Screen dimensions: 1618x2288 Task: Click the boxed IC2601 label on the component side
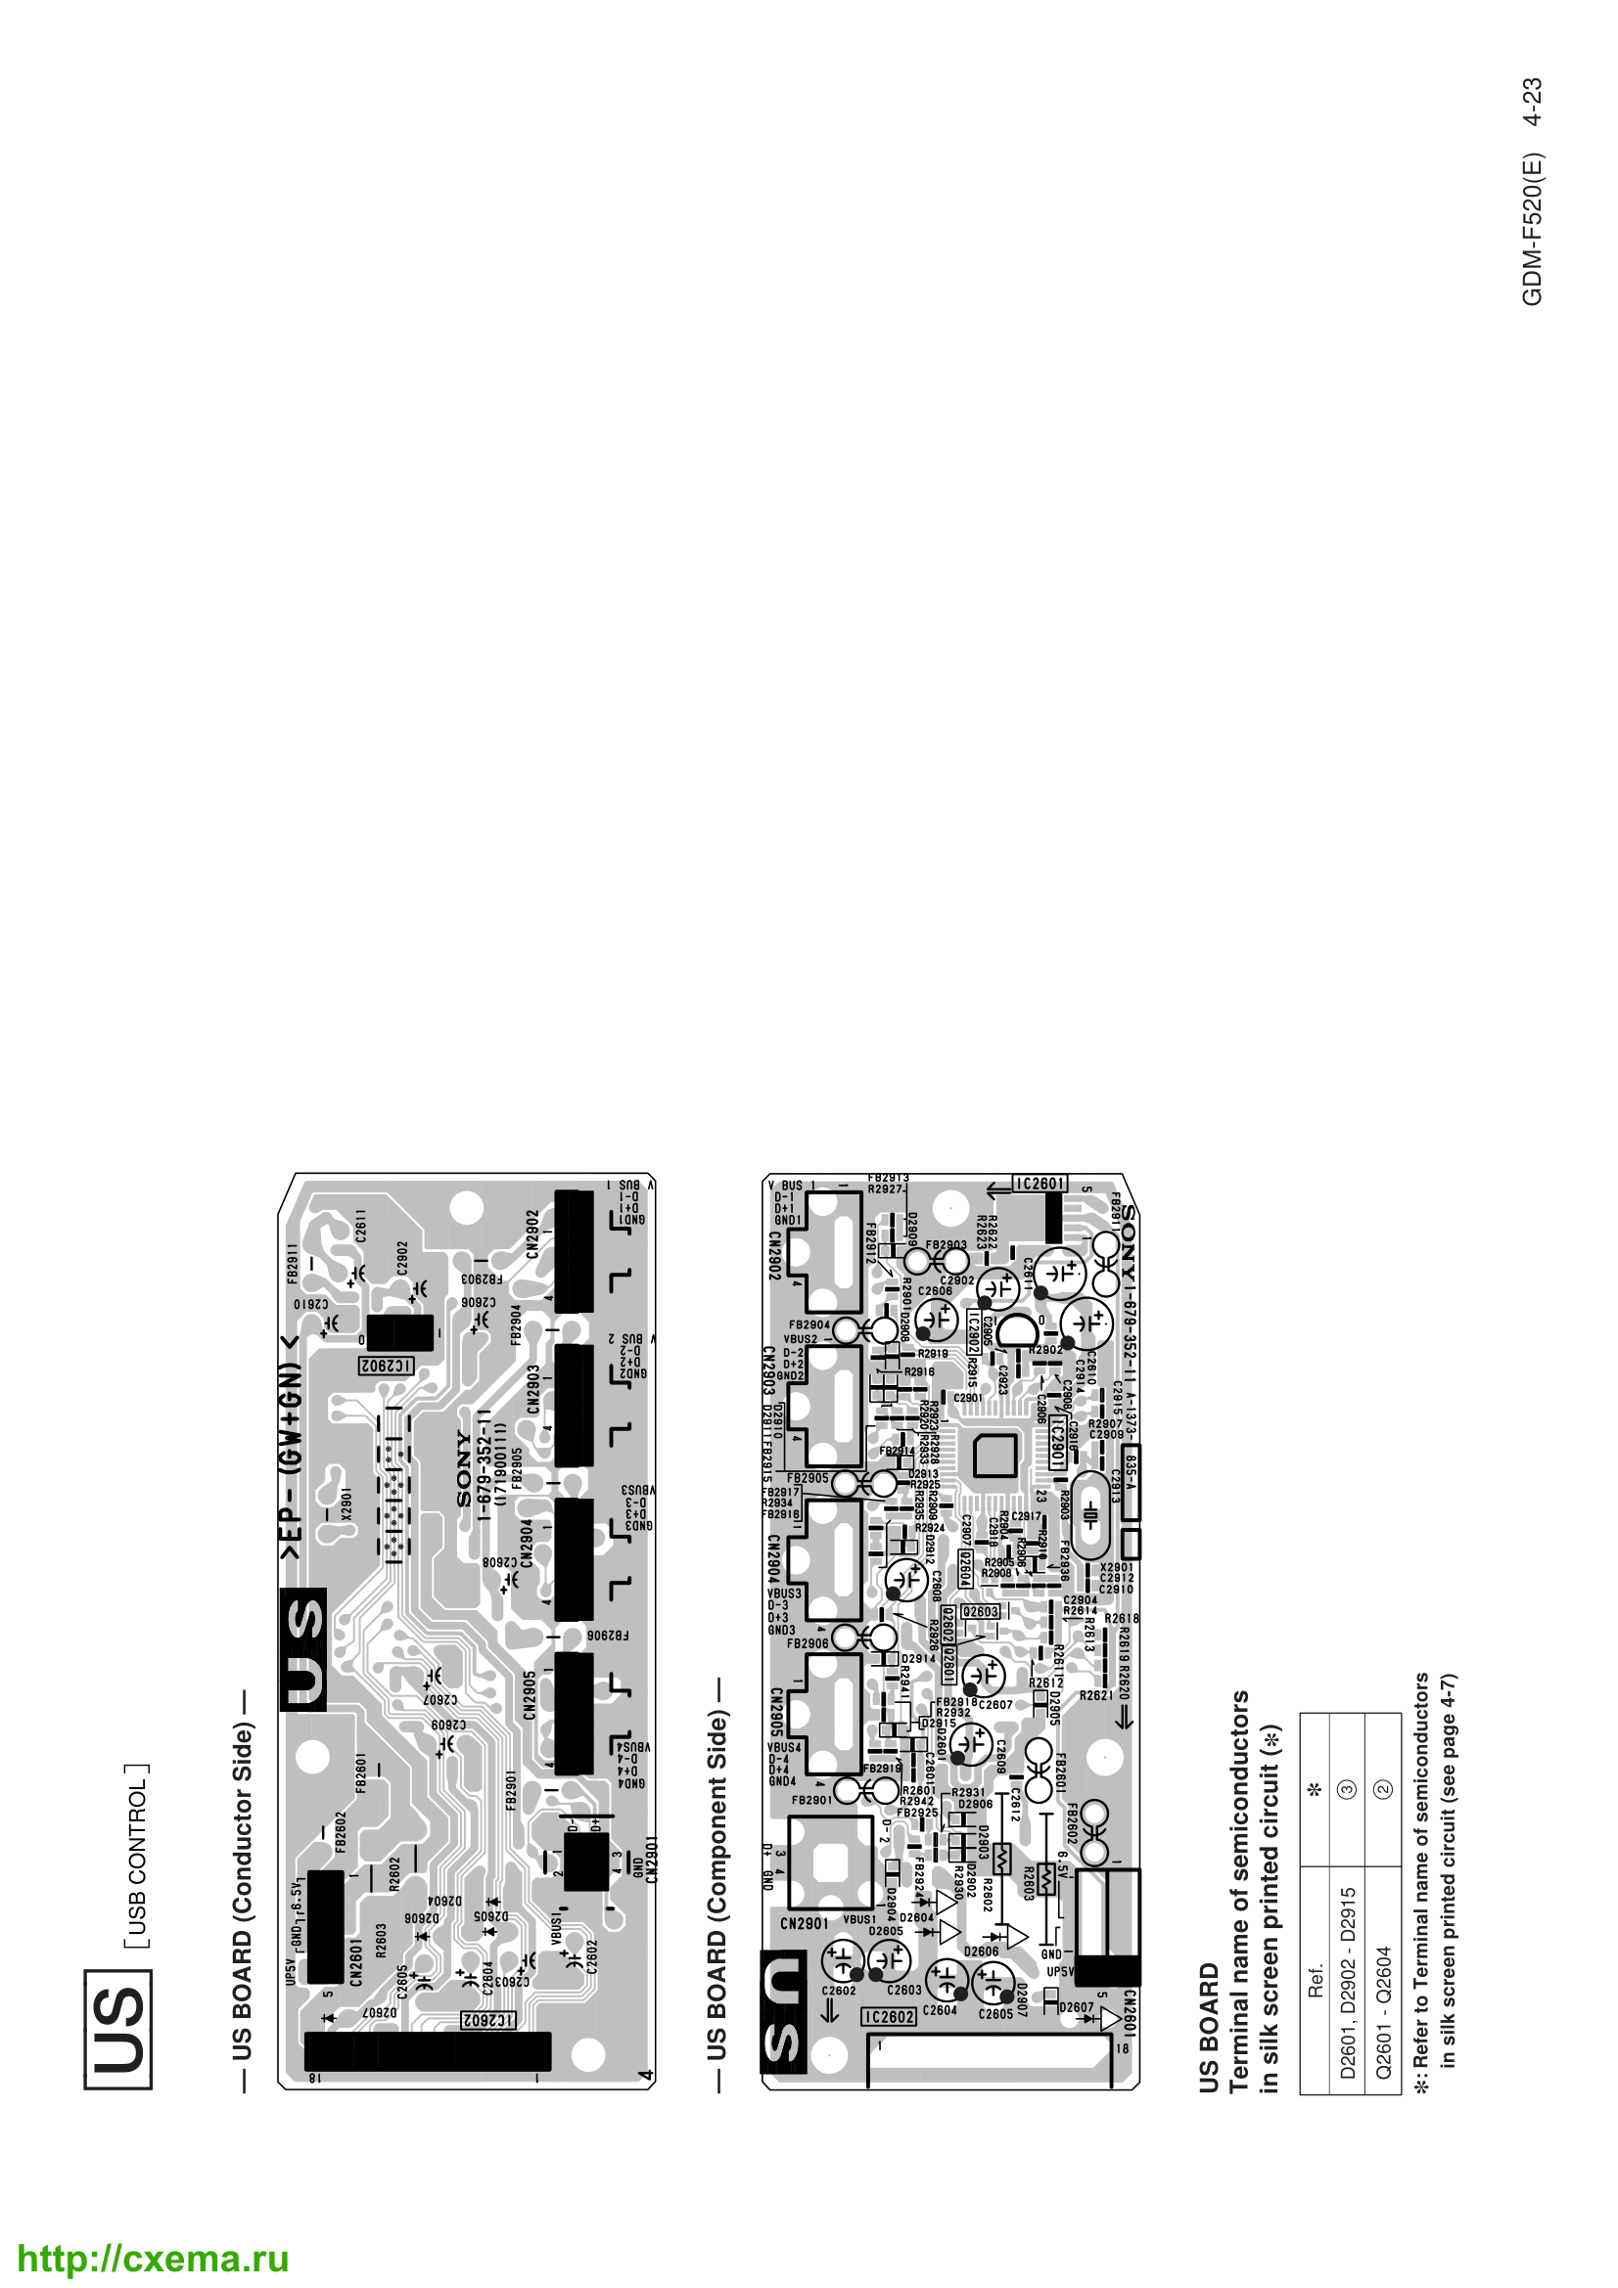pos(1040,1184)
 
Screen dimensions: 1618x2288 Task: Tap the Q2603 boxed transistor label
pos(981,1611)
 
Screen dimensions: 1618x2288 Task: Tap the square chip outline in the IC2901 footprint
pos(995,1456)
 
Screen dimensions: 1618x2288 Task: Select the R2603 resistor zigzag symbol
pos(1045,1878)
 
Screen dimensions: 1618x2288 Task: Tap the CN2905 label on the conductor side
pos(530,1695)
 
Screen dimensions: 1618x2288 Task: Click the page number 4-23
pos(1533,103)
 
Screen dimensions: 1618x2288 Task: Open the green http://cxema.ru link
pos(153,2258)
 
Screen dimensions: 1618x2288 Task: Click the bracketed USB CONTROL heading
pos(138,1856)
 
